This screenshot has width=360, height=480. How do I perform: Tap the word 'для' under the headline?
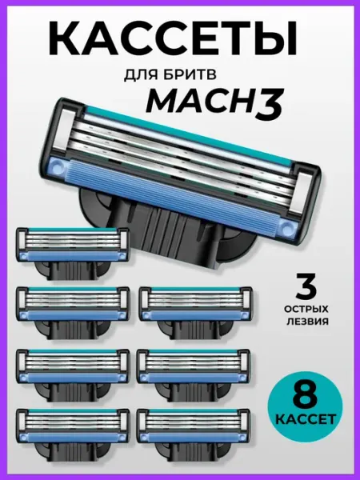(x=138, y=75)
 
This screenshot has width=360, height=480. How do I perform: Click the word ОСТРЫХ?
(x=306, y=309)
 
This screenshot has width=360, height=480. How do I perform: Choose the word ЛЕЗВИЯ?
(x=306, y=322)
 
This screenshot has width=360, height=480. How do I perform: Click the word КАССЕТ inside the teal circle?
(x=306, y=419)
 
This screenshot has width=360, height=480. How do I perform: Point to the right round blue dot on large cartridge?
(x=287, y=227)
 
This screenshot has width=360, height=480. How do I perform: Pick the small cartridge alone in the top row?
(x=72, y=254)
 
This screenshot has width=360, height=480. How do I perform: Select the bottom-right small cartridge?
(x=194, y=434)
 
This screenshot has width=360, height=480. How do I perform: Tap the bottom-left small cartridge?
(x=73, y=434)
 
